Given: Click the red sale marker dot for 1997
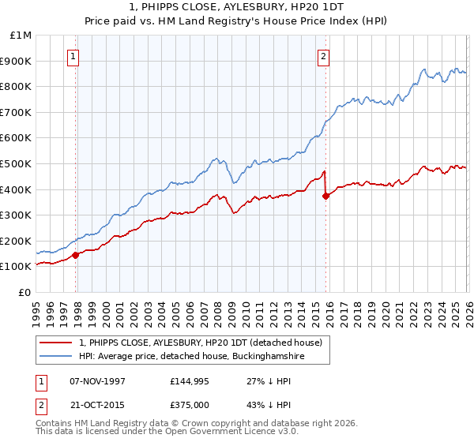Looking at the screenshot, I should (76, 255).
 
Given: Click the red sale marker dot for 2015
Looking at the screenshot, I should (325, 197).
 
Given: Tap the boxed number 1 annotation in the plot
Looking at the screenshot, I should (73, 56).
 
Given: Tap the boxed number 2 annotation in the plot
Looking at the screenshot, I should (324, 56).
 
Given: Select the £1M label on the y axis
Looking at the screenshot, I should (22, 35).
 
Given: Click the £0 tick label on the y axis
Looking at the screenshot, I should (25, 292).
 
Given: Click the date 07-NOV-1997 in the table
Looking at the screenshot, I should (98, 381).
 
